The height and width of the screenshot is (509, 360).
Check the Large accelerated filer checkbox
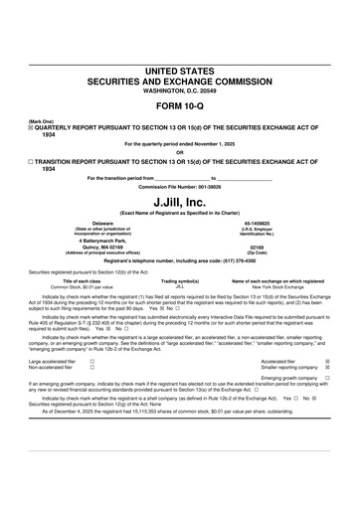pyautogui.click(x=92, y=362)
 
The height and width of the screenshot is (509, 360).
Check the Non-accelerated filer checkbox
pyautogui.click(x=92, y=368)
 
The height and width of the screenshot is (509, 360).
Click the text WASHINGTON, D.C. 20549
pyautogui.click(x=179, y=91)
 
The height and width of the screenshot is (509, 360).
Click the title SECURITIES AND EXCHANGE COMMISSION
pyautogui.click(x=179, y=82)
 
